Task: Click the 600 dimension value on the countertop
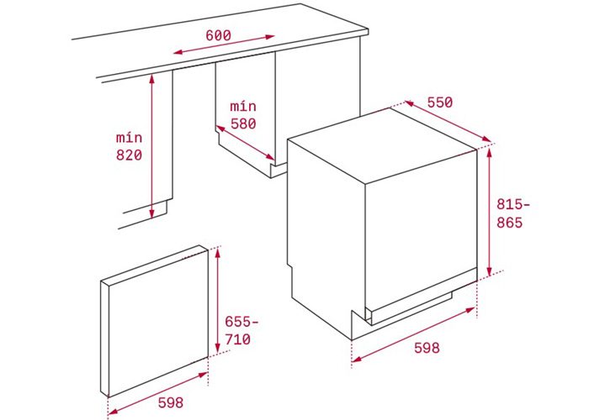[x=218, y=36]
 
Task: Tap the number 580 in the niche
[x=242, y=123]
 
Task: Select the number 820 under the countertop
[x=129, y=155]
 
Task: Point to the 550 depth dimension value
[x=439, y=102]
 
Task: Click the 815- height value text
[x=513, y=204]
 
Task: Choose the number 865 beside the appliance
[x=509, y=223]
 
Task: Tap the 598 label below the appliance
[x=426, y=348]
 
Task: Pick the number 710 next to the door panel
[x=237, y=340]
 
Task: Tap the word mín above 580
[x=242, y=106]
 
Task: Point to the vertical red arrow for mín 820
[x=151, y=146]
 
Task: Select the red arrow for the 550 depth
[x=448, y=123]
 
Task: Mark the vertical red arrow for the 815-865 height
[x=489, y=210]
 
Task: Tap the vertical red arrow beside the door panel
[x=218, y=302]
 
